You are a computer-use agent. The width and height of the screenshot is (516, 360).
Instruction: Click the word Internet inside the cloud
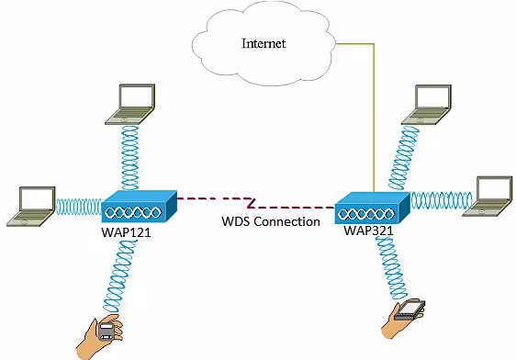pyautogui.click(x=264, y=43)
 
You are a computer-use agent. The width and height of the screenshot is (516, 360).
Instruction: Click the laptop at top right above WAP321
pyautogui.click(x=432, y=104)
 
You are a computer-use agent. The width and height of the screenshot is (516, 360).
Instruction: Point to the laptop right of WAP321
pyautogui.click(x=486, y=196)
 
